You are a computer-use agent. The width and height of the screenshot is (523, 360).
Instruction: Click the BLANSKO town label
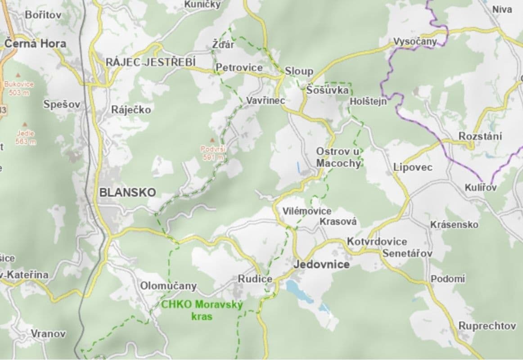click(127, 193)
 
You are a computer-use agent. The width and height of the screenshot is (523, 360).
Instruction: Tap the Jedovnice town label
click(321, 264)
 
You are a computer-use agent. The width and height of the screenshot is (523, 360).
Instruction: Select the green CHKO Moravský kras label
click(202, 310)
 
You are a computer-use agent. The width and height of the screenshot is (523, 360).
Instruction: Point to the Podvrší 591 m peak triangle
click(212, 140)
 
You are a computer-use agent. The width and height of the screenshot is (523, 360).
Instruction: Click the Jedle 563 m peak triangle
click(25, 123)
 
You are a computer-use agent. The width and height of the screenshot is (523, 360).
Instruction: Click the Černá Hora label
click(35, 44)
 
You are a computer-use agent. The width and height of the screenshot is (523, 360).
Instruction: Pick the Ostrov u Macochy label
click(338, 157)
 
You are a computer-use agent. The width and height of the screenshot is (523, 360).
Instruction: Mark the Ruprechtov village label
click(487, 325)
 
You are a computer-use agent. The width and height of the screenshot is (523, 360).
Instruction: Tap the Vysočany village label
click(415, 42)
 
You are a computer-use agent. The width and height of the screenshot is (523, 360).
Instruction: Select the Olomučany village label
click(168, 286)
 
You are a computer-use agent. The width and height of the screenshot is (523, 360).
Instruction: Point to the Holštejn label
click(368, 102)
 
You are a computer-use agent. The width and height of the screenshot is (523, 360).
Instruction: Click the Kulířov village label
click(481, 188)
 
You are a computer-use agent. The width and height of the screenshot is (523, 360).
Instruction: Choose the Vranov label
click(48, 333)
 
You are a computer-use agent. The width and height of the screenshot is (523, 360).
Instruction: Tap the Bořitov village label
click(43, 14)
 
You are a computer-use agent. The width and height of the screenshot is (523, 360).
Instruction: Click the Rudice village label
click(255, 279)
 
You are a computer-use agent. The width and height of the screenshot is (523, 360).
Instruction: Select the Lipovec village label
click(413, 167)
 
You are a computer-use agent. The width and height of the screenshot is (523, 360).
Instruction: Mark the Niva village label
click(502, 9)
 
